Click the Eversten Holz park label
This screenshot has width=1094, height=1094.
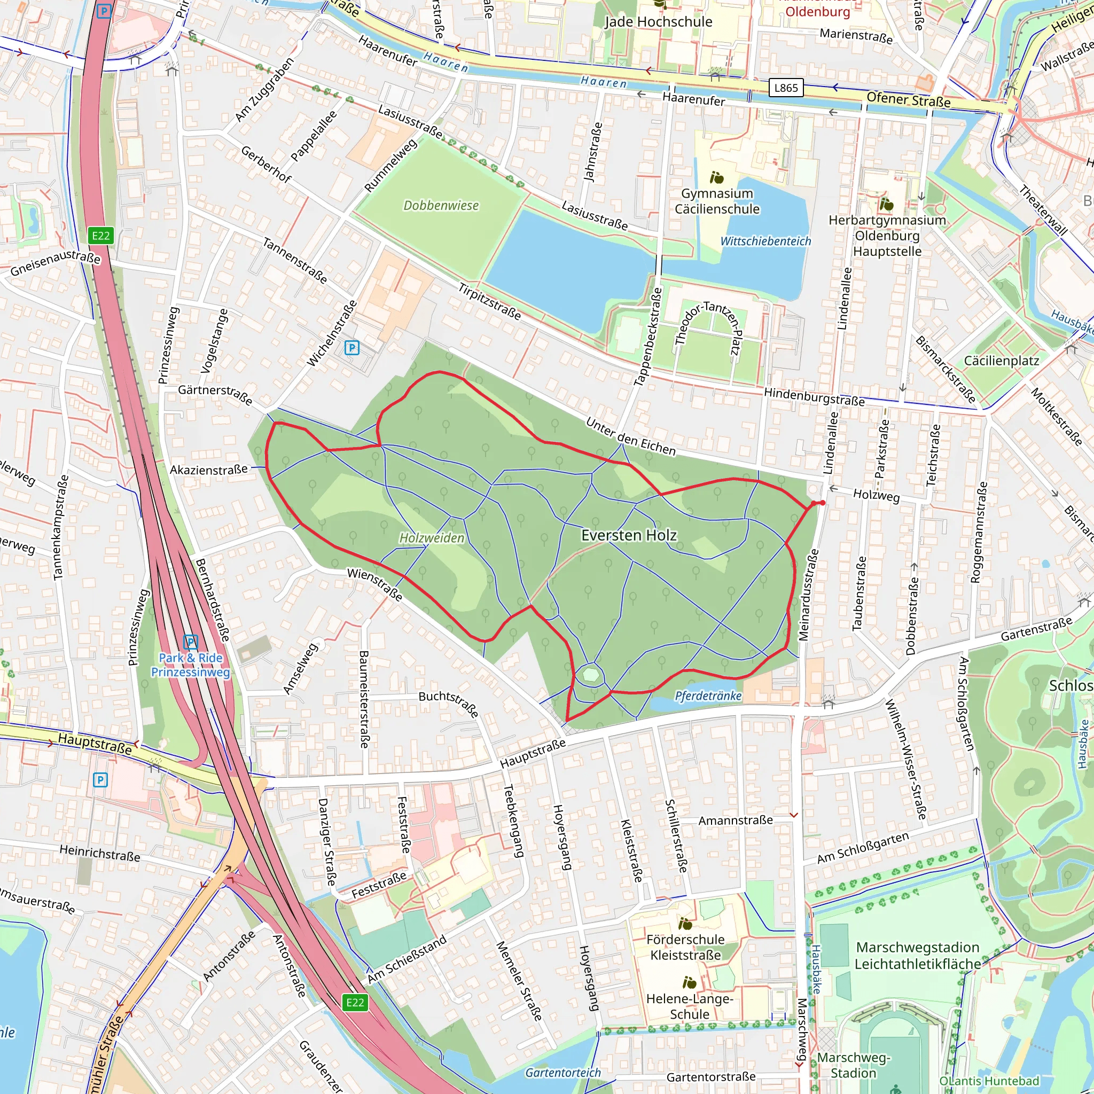point(629,535)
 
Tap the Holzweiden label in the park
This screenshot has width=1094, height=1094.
point(432,538)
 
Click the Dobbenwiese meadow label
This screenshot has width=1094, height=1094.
point(441,206)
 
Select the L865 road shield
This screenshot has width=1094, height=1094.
point(786,88)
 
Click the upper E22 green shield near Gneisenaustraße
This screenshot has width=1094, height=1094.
point(101,236)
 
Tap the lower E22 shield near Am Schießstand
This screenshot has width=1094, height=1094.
point(355,1002)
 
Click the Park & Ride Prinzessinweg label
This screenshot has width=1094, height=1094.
point(190,665)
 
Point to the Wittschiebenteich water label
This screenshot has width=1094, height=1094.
point(765,241)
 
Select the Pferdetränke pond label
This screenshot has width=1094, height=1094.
point(708,696)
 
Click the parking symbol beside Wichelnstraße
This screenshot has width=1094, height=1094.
point(351,348)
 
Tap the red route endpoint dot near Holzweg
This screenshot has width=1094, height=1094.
point(822,502)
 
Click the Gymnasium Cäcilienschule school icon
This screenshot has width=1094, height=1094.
point(717,178)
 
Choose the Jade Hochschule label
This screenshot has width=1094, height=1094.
point(658,21)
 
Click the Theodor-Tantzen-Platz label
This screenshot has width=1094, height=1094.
point(708,329)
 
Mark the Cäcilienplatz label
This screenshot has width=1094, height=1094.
point(1001,361)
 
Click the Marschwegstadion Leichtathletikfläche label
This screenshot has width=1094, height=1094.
point(917,956)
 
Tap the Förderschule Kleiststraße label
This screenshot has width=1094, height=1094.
point(685,947)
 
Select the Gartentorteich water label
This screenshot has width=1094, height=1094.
point(563,1073)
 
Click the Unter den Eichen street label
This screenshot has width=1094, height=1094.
point(630,436)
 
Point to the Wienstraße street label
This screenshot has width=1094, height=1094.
point(375,585)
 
